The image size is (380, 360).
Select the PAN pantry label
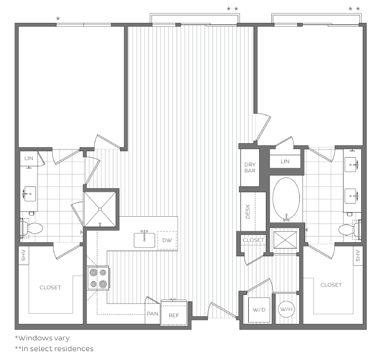tap(152, 314)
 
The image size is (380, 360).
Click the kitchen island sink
tap(145, 240)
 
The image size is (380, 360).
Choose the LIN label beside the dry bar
tap(285, 162)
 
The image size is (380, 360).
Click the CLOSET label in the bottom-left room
tap(50, 288)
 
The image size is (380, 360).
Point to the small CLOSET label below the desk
tap(254, 240)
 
